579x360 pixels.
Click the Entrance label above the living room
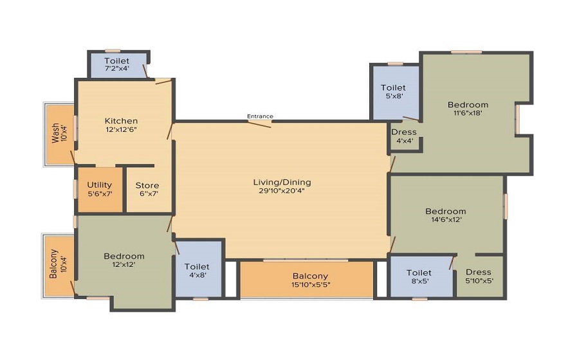260,116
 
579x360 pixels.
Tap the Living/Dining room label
282,183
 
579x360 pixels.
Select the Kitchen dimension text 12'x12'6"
121,129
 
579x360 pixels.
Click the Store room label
147,186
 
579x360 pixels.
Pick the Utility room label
100,185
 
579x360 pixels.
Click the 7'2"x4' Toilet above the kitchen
117,65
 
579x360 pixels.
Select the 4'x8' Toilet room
197,270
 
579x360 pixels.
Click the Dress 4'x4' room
404,136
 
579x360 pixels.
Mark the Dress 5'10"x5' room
479,276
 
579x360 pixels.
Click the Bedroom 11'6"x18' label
468,105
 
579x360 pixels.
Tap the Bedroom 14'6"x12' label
445,212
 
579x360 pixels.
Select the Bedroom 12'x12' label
124,256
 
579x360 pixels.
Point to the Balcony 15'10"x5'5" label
310,276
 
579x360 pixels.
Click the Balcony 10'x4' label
53,264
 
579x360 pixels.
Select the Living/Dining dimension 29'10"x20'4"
282,192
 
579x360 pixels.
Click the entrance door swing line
259,123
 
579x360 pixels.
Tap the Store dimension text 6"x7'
147,194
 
